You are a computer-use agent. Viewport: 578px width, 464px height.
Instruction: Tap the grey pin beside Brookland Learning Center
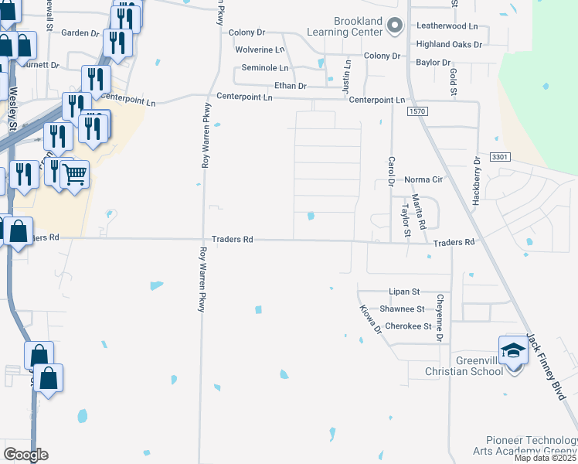[395, 26]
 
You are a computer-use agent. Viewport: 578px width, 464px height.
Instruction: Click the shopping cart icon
[74, 174]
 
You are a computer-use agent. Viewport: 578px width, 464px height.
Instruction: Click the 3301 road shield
[500, 157]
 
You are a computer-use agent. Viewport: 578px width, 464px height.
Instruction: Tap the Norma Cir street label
[423, 180]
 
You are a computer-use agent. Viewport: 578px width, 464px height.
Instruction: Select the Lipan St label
[404, 292]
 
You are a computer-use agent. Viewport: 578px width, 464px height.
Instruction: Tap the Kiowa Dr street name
[371, 319]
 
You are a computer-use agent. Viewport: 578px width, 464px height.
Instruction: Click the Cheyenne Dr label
[439, 319]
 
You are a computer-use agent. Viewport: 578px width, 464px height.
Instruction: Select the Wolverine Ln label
[261, 49]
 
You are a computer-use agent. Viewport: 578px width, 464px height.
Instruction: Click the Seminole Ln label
[264, 68]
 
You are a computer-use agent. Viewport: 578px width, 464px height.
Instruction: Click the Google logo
[25, 455]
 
